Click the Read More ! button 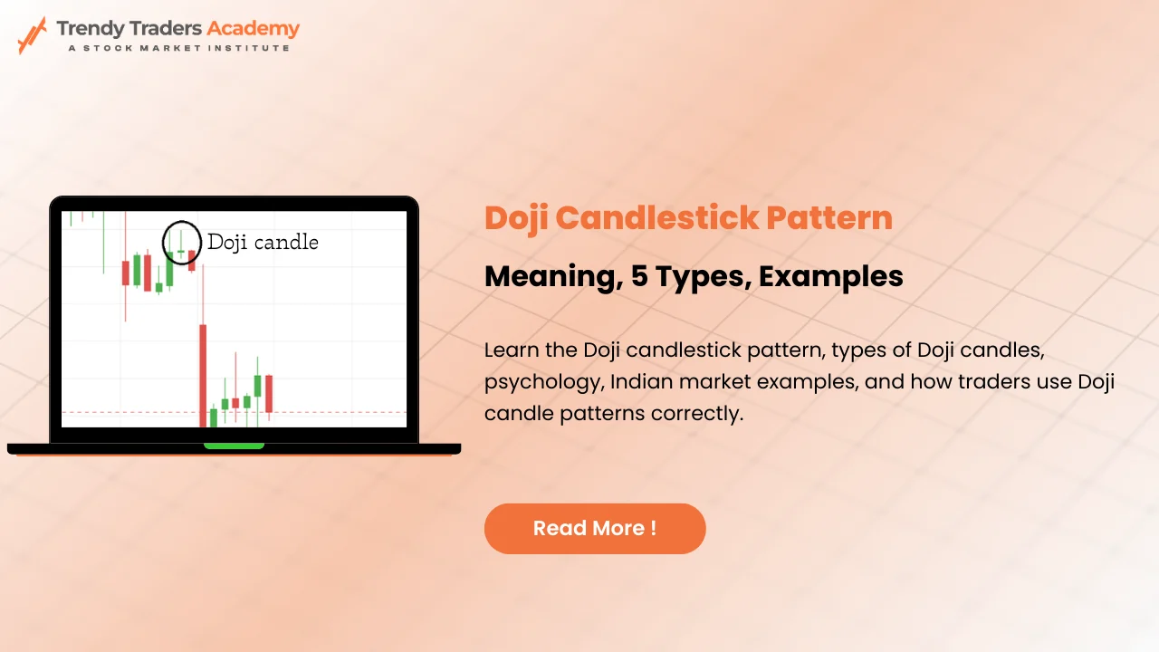595,528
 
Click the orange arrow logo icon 32,34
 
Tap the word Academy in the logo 253,28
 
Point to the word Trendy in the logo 89,28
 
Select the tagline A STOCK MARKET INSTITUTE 179,48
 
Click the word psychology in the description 541,382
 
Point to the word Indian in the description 640,382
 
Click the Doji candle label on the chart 263,242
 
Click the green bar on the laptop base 234,446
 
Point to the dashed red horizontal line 344,413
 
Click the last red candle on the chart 269,393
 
